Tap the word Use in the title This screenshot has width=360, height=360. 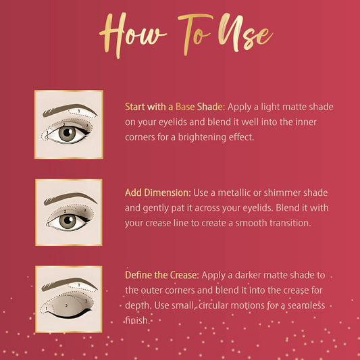click(245, 32)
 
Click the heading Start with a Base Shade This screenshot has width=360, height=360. click(175, 107)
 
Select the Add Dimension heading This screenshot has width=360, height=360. click(158, 192)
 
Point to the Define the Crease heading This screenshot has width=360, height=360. click(162, 275)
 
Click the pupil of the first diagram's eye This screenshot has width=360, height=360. click(68, 132)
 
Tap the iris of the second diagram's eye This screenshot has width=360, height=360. click(68, 221)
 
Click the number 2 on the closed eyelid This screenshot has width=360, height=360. click(66, 305)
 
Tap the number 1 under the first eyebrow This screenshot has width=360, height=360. click(79, 111)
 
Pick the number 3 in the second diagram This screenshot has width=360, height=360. click(84, 210)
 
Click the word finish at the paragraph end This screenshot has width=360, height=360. click(136, 320)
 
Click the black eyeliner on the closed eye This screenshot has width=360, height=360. click(69, 315)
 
